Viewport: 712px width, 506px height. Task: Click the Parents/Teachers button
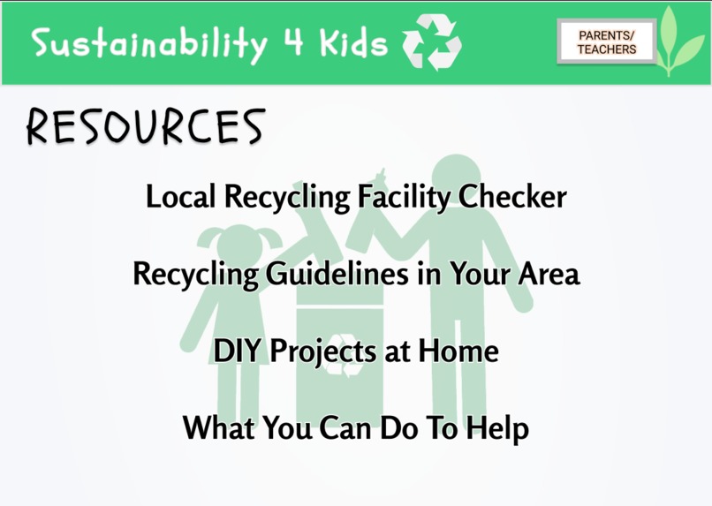pos(607,42)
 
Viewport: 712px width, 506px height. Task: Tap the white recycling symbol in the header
pos(431,42)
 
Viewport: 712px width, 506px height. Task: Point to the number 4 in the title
pos(294,42)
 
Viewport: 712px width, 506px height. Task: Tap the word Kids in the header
pos(352,42)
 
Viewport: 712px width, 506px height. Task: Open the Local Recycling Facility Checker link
pos(355,196)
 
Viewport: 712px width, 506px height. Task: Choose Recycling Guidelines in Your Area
pos(356,274)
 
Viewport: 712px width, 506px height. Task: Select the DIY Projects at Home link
pos(356,351)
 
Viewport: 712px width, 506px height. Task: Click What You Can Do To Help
pos(356,429)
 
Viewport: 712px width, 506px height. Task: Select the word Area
pos(549,274)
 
